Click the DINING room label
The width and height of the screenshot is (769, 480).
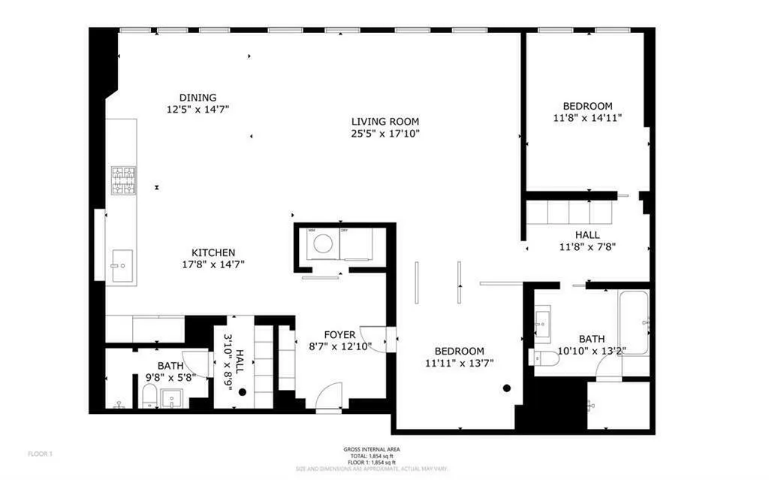(198, 98)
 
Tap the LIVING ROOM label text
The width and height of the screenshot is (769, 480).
(385, 122)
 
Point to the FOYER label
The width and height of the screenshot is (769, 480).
(339, 334)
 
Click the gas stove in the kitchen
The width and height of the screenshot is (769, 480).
(125, 180)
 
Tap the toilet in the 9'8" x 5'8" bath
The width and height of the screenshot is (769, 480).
(149, 395)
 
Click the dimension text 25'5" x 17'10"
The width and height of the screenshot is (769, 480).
(385, 134)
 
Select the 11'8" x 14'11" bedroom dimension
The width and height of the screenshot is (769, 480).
(587, 118)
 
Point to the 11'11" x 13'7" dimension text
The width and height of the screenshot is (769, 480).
(459, 364)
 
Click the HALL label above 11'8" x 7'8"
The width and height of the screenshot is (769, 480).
(587, 234)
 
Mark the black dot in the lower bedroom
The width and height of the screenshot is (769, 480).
(507, 388)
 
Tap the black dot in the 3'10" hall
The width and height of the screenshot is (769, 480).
(242, 392)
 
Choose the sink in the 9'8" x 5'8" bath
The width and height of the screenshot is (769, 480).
(172, 398)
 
